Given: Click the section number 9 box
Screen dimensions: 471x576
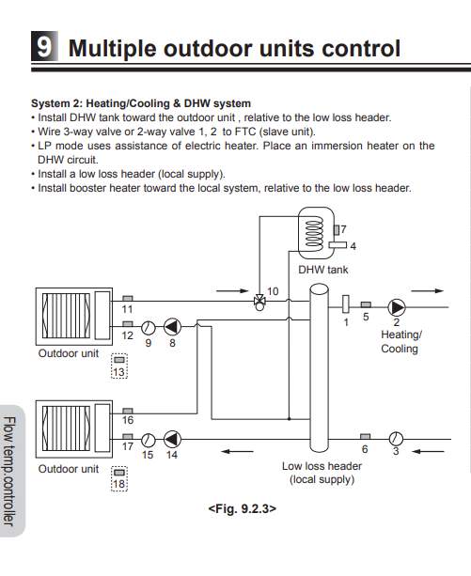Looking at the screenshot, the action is [44, 46].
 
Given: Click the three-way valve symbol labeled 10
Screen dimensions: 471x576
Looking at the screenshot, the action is [259, 303].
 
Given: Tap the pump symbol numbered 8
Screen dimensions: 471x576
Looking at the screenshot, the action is [172, 327].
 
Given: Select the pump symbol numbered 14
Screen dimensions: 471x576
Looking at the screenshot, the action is [172, 439].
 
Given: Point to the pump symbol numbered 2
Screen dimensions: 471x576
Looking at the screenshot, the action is [397, 307].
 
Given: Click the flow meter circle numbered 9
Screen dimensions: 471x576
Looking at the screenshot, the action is [148, 327].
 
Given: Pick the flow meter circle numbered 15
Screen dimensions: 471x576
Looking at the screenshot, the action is [148, 440].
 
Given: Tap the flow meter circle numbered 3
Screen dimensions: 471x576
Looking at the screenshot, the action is [396, 438].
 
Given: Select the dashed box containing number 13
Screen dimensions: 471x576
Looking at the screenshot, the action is [119, 366].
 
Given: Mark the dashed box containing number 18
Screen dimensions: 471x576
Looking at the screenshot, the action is [119, 478].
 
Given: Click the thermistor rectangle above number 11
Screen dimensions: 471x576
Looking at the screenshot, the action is [128, 299].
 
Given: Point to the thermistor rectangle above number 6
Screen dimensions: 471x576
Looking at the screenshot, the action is [365, 436].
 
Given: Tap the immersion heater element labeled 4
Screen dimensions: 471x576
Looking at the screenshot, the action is [338, 244].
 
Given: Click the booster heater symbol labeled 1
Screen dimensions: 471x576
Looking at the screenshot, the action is [345, 304].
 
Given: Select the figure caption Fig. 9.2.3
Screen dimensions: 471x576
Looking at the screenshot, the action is [243, 508].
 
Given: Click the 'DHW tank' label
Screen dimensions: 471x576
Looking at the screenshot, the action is [323, 270].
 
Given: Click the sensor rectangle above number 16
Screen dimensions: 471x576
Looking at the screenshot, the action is [128, 411].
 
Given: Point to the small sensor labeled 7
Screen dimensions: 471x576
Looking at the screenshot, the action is [337, 230].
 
